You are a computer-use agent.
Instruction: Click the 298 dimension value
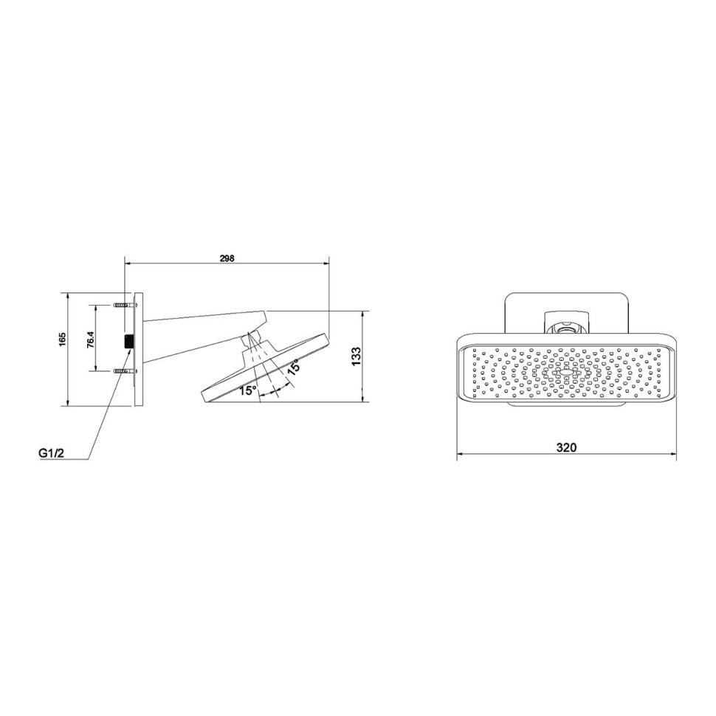pos(227,258)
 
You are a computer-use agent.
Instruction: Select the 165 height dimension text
pos(63,339)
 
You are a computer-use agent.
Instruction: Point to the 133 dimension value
pos(357,357)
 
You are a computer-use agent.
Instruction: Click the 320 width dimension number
pos(566,447)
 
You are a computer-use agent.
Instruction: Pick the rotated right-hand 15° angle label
pos(293,368)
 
